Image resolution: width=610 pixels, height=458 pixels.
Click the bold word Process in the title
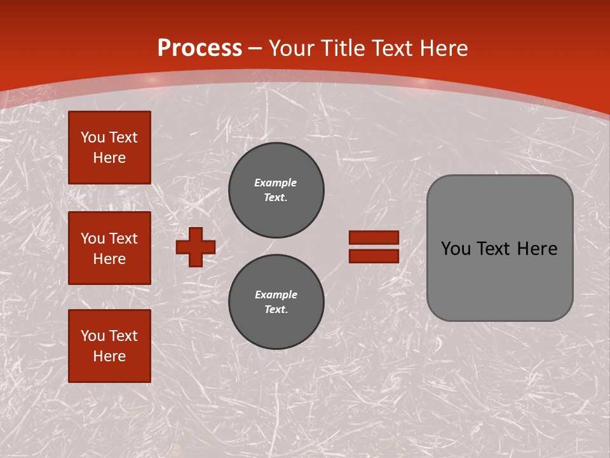click(x=200, y=48)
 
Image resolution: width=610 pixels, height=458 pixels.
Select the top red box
click(x=109, y=148)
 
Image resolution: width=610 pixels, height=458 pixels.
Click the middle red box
click(x=109, y=248)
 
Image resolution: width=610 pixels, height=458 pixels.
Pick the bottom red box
click(x=109, y=346)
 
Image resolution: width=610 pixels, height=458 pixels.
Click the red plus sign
click(x=196, y=247)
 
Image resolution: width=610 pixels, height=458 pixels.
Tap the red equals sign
click(x=374, y=247)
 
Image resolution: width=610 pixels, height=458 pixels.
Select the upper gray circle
click(x=276, y=190)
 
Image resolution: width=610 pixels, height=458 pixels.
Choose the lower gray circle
click(x=276, y=302)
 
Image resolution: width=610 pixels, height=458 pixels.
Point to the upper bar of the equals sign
click(x=374, y=237)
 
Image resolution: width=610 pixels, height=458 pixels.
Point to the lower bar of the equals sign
click(x=374, y=256)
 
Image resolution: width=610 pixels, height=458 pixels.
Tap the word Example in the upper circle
click(x=276, y=183)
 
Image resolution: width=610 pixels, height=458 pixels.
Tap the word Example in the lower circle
click(x=276, y=295)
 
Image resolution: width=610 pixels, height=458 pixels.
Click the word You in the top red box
click(x=93, y=137)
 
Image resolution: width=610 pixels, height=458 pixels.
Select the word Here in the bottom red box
click(x=109, y=356)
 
